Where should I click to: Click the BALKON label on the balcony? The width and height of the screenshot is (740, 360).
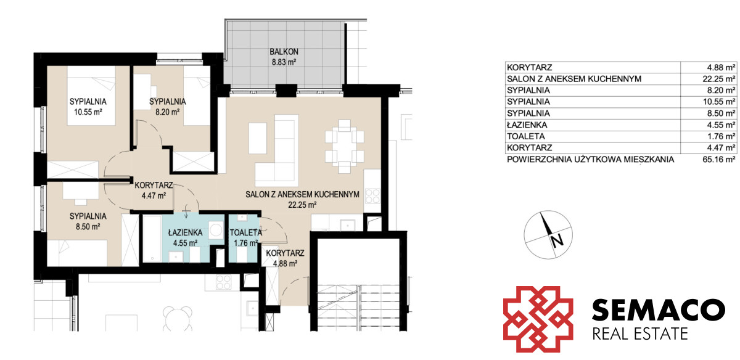point(284,52)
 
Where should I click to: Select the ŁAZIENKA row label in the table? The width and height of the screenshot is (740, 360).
point(527,125)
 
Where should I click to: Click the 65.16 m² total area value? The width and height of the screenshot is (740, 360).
point(719,160)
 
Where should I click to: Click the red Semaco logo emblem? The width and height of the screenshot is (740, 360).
point(538,319)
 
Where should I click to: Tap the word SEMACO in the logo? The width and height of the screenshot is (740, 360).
point(659,310)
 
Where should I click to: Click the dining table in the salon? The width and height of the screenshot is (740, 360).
point(345,146)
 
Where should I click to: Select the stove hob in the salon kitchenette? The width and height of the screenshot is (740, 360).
point(372,196)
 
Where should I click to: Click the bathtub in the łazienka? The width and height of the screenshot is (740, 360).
point(152,239)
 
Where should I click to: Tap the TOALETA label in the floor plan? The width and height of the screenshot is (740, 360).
point(246,232)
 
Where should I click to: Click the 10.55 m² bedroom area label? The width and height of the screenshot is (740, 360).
point(88,112)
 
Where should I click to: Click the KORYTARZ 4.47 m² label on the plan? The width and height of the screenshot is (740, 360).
point(154,190)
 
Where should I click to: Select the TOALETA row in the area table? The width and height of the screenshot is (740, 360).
point(621,136)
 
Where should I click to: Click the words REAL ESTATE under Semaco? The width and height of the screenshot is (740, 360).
point(640,334)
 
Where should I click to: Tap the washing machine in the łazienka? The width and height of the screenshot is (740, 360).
point(216,230)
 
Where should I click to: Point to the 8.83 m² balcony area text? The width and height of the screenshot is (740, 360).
point(284,62)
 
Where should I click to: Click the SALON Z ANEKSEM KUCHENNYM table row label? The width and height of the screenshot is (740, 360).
point(574,79)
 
